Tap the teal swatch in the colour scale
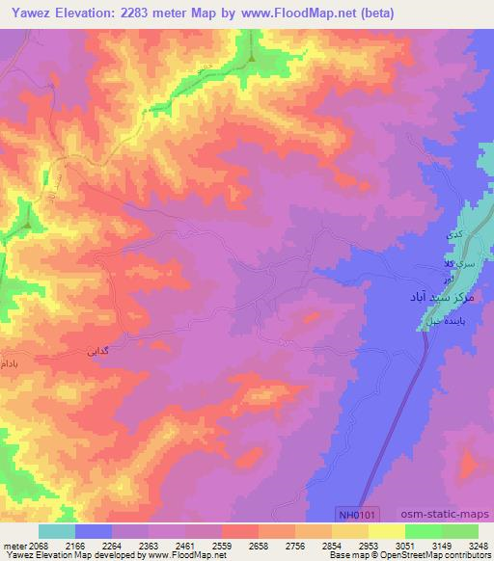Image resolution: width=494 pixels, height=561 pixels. click(x=57, y=531)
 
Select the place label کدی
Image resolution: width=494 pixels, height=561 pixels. click(x=452, y=234)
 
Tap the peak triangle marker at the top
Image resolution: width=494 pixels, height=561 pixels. click(x=252, y=58)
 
